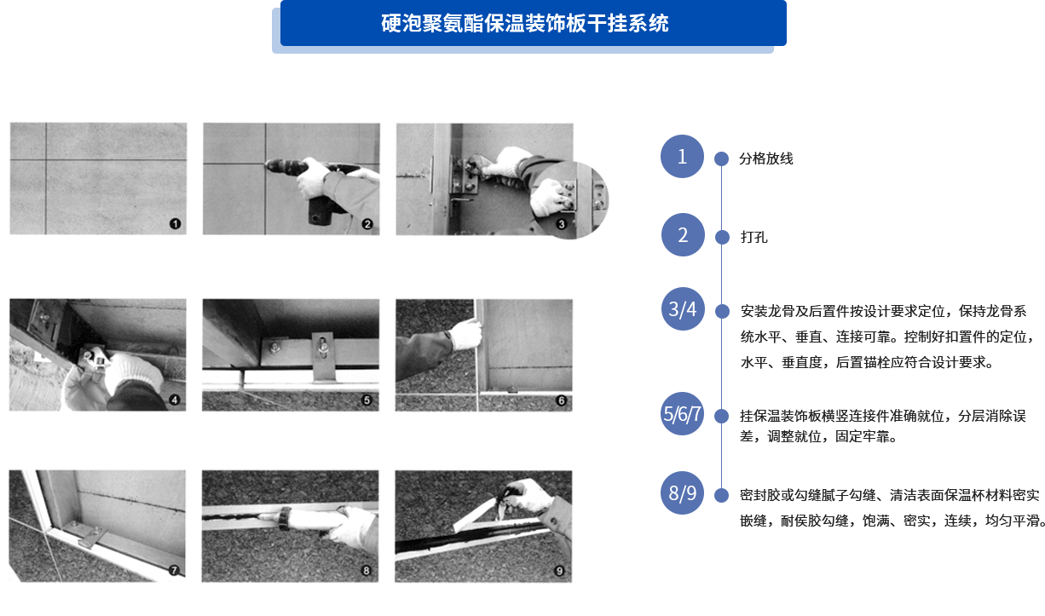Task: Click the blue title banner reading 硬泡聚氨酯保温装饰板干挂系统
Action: [534, 23]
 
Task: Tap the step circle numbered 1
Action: [682, 156]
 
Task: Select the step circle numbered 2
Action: [683, 234]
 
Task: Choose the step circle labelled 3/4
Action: [683, 308]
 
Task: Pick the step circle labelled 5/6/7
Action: [683, 413]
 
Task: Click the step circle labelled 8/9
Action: [682, 492]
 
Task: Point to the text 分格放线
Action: [766, 158]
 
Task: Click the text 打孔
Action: [753, 237]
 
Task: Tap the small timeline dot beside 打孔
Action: [722, 238]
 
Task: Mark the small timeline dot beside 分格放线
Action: [721, 158]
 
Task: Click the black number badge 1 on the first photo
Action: [175, 224]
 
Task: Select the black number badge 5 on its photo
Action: [367, 400]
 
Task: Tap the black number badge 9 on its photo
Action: [559, 571]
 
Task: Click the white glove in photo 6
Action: [465, 334]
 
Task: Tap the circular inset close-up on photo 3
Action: [570, 199]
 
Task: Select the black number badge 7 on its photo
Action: [174, 570]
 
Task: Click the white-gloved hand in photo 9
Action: [529, 495]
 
